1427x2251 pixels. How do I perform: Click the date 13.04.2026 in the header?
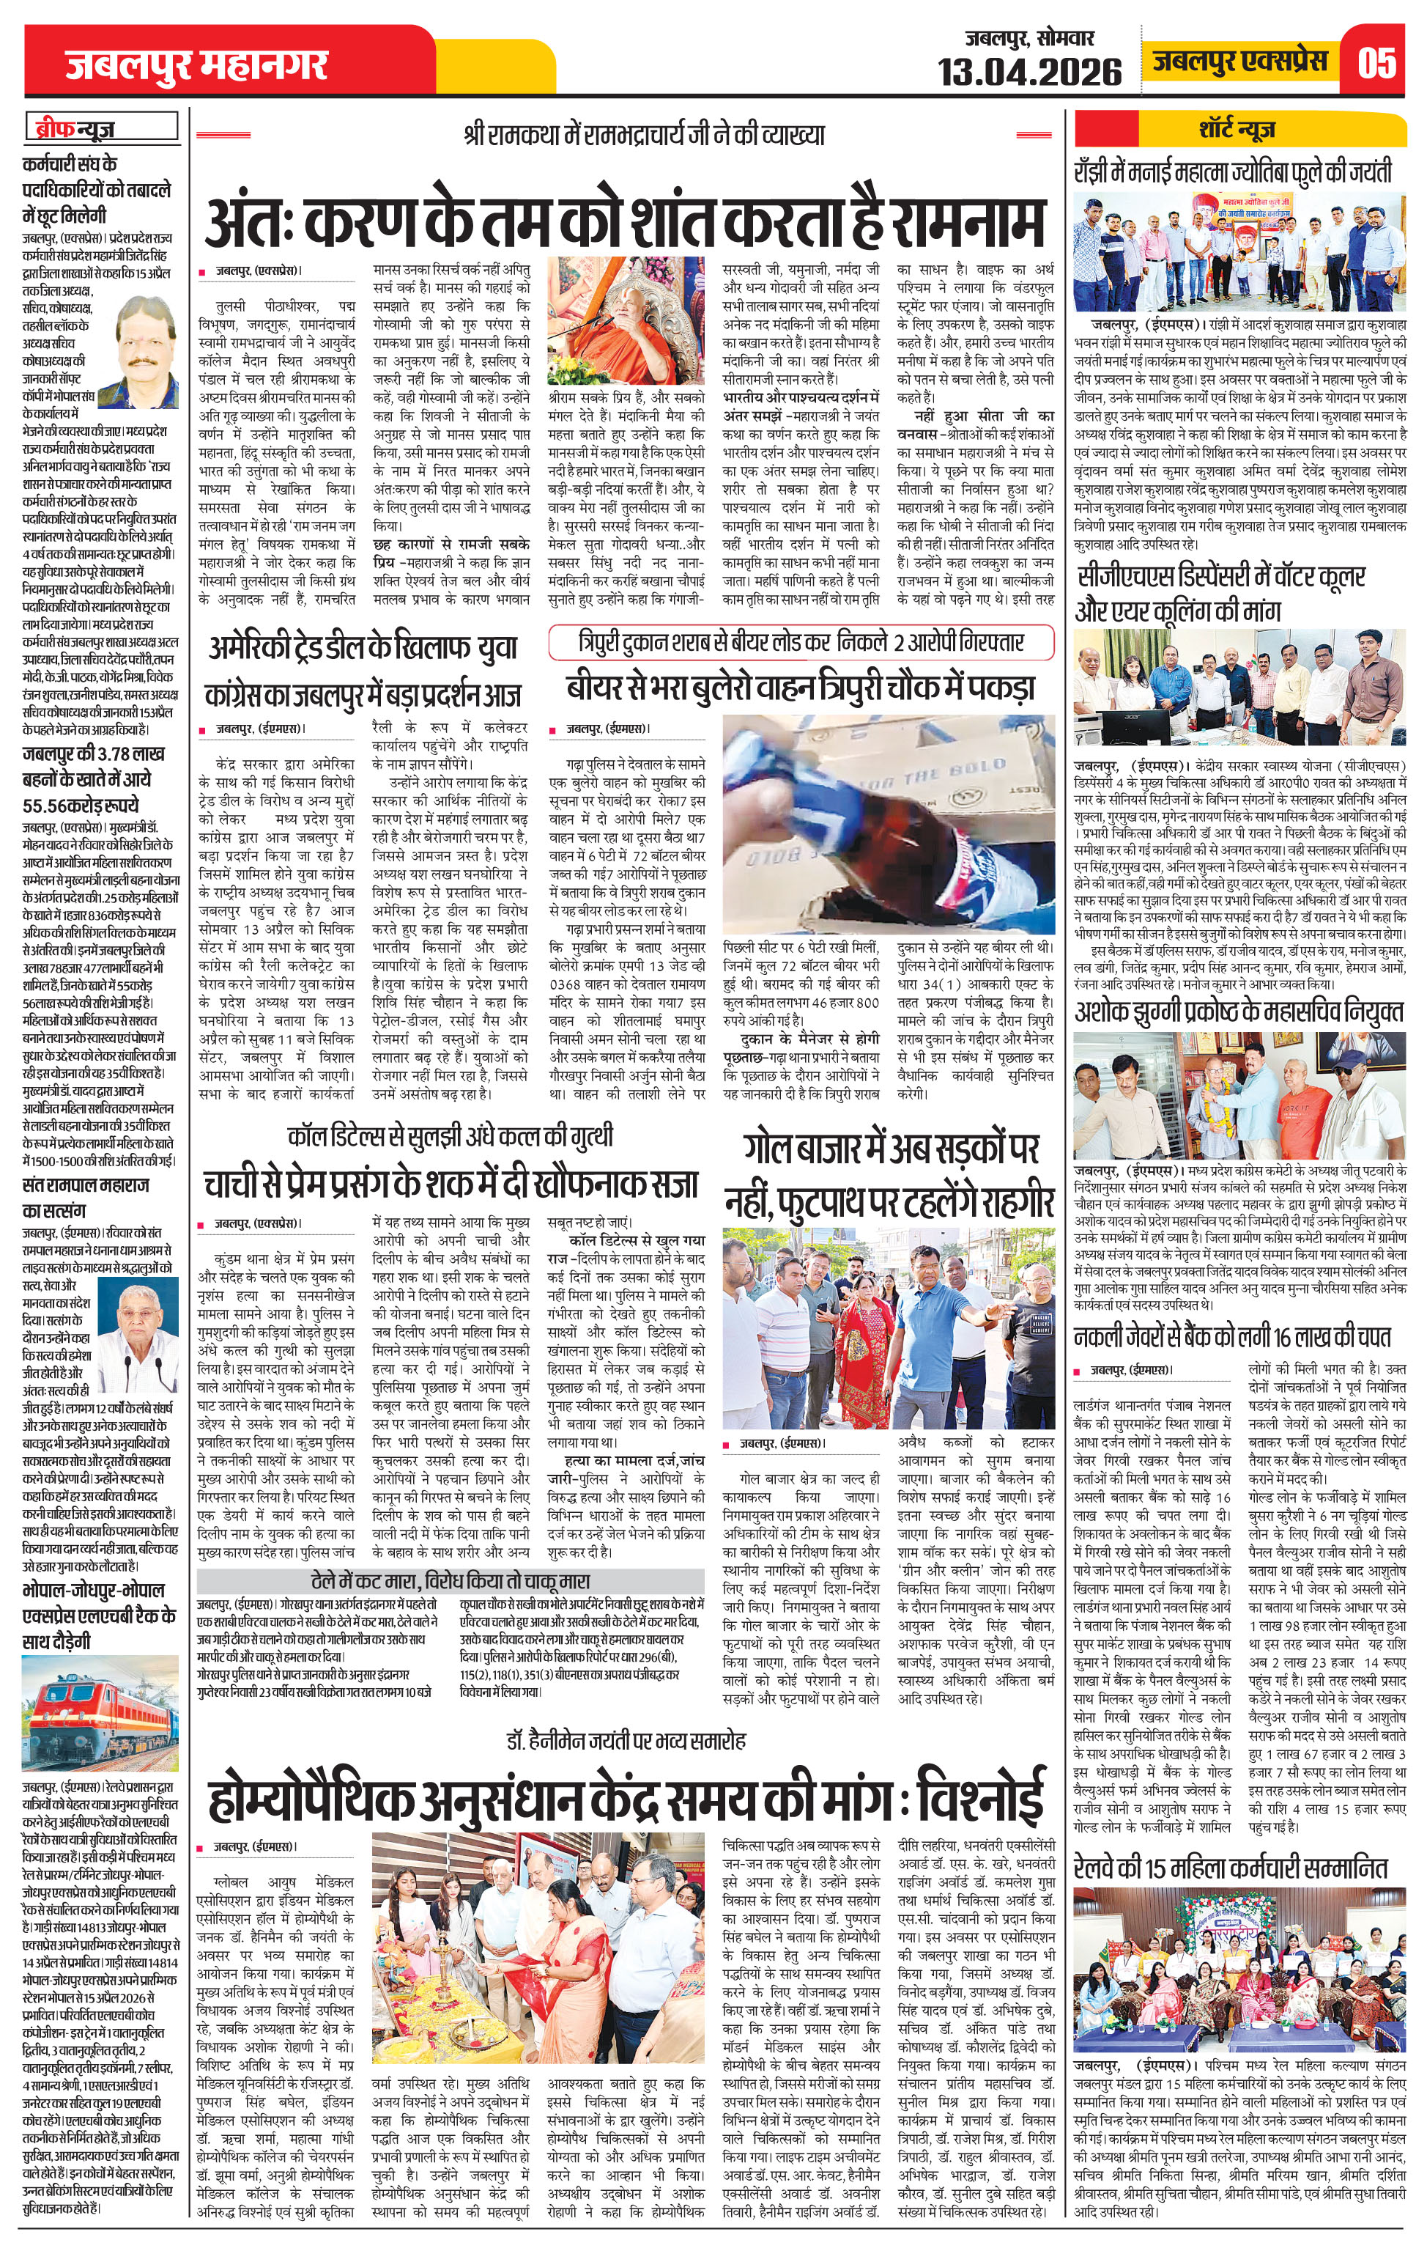pos(1030,71)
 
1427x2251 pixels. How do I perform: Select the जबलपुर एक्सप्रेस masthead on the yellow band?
pos(1239,62)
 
